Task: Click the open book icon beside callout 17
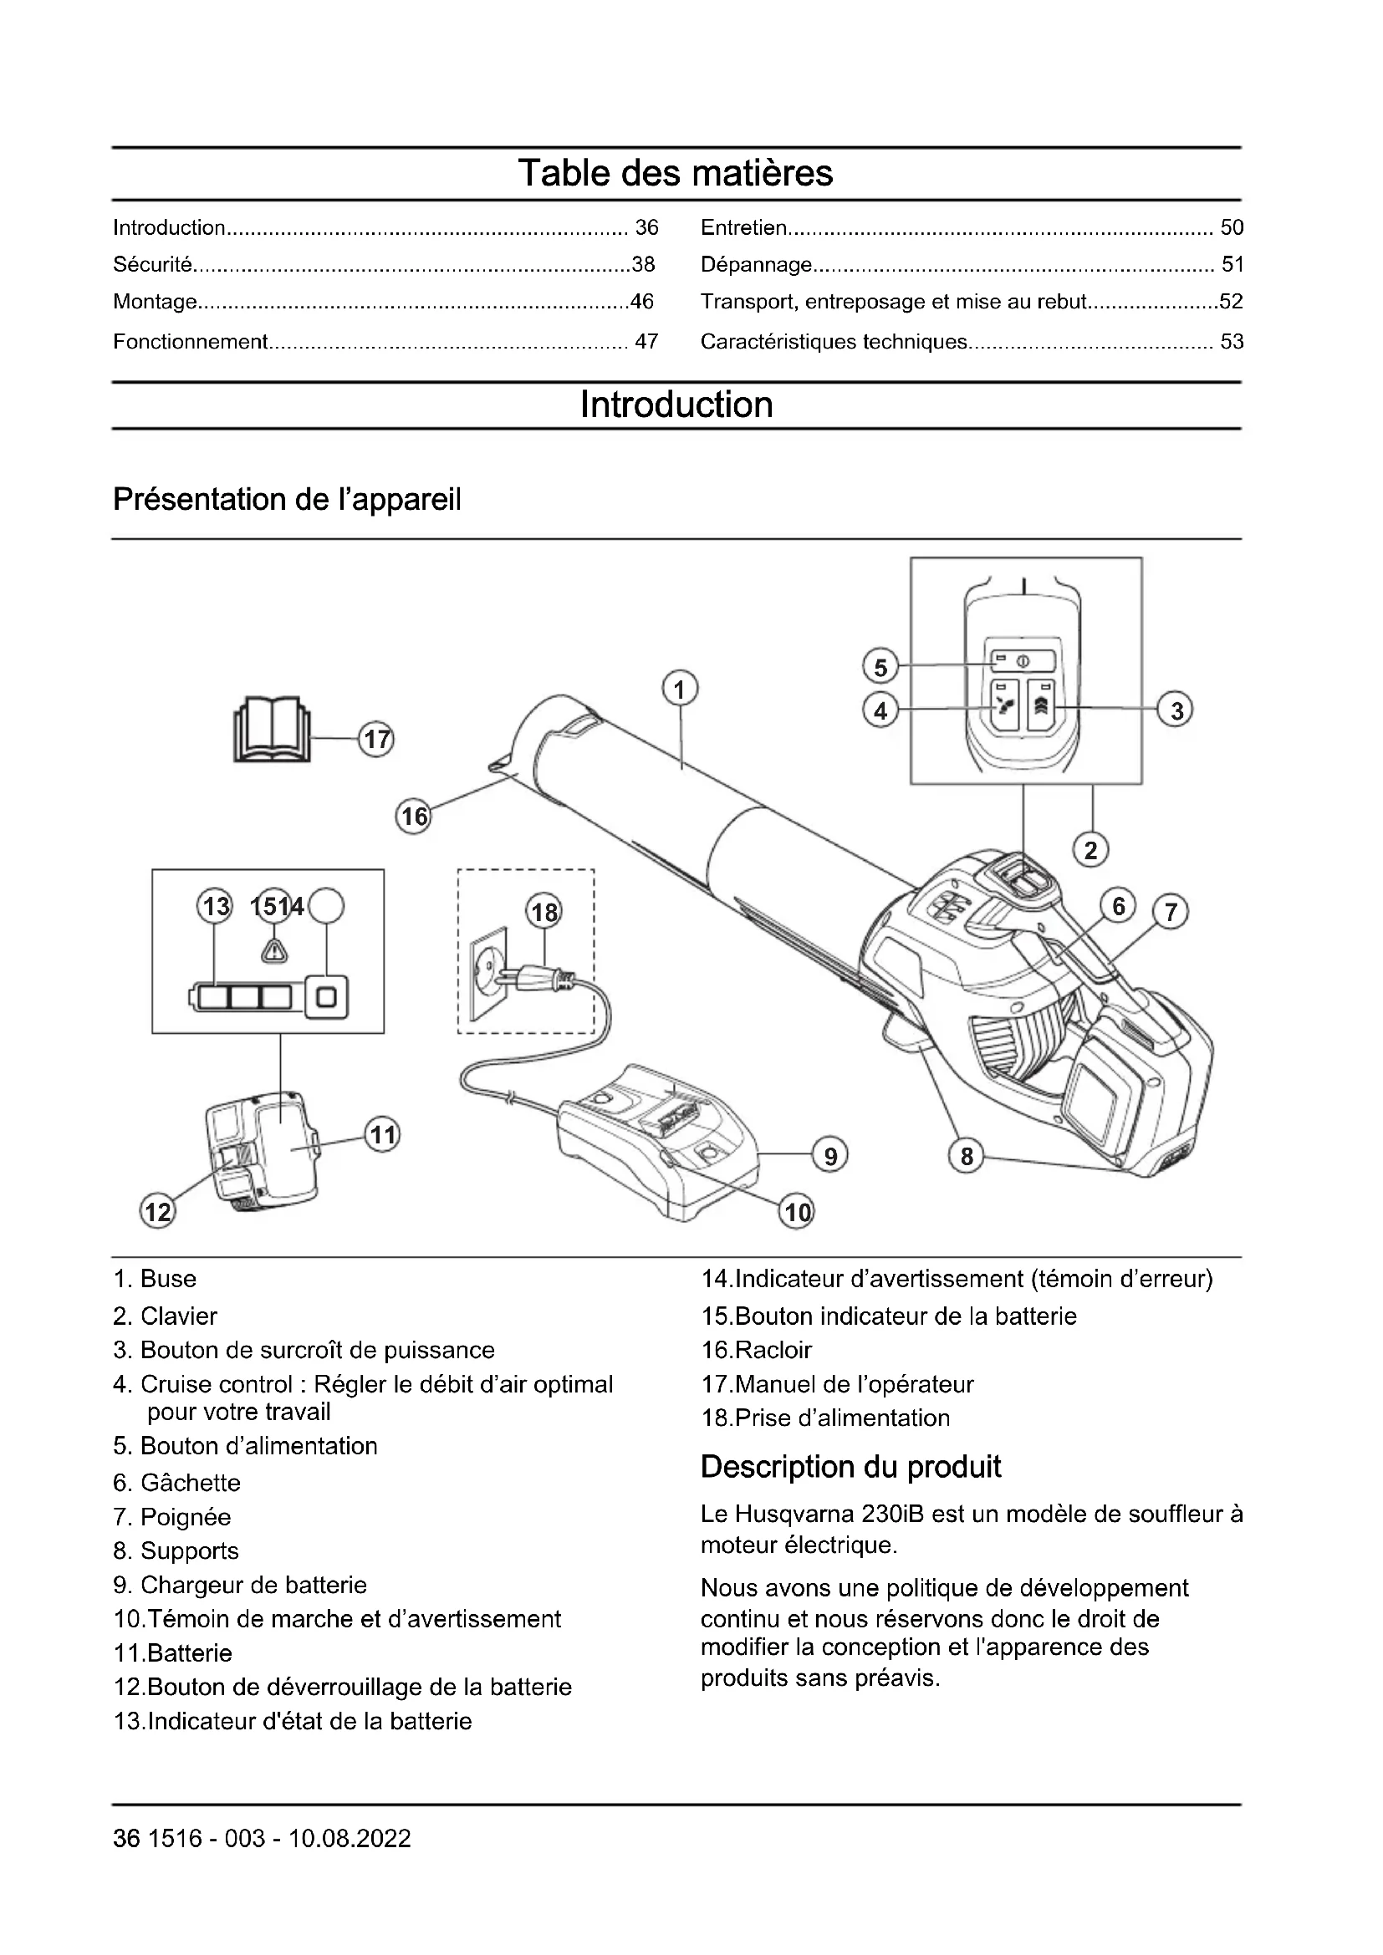click(x=272, y=730)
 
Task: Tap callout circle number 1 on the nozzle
click(x=680, y=689)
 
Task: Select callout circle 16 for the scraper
click(x=414, y=817)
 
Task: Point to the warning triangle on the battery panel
click(x=273, y=950)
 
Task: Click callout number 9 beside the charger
click(x=830, y=1155)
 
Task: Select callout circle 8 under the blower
click(x=967, y=1155)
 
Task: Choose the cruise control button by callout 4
click(x=1005, y=706)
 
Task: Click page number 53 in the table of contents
click(x=1232, y=342)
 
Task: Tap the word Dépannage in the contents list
click(x=756, y=265)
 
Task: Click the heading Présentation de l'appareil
click(x=287, y=499)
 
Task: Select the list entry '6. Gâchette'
click(x=177, y=1483)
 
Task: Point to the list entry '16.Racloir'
click(x=756, y=1350)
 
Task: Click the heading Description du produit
click(x=850, y=1466)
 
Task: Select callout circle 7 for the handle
click(x=1170, y=912)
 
